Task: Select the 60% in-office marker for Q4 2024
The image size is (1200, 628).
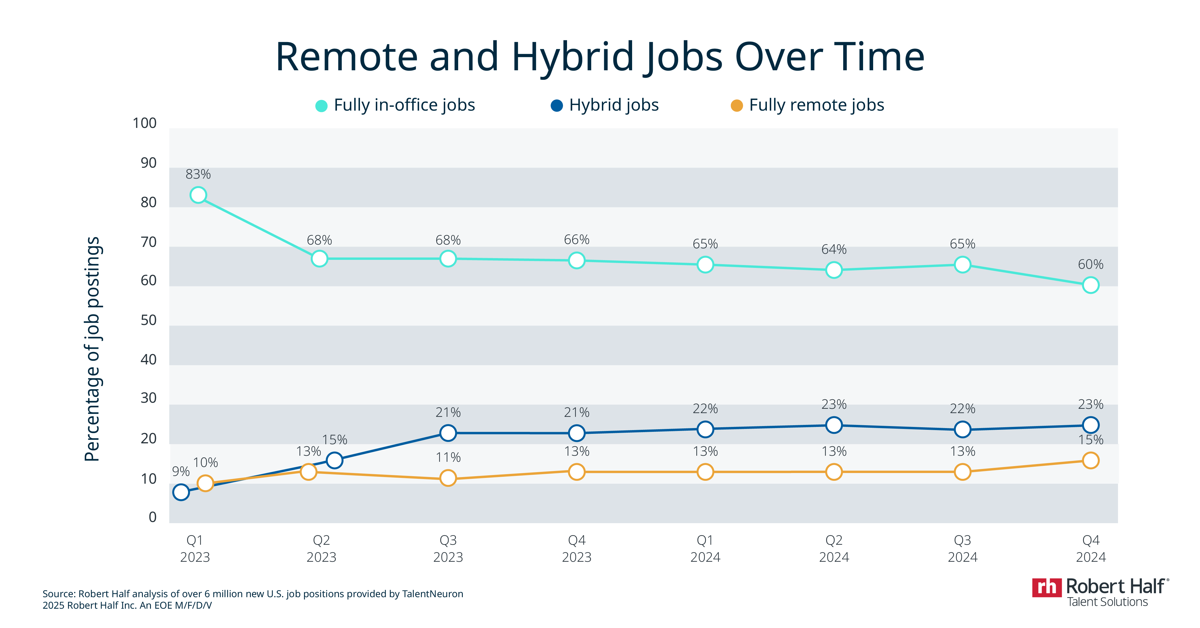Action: pos(1091,285)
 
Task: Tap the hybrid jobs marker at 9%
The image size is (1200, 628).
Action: pos(181,492)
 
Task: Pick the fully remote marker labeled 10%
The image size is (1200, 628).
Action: pos(205,483)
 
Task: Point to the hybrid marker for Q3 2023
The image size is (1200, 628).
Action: pos(448,433)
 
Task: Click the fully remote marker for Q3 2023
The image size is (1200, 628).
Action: pos(448,478)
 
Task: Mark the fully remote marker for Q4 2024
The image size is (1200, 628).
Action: pos(1091,460)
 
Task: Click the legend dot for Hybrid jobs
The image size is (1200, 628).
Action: pos(557,106)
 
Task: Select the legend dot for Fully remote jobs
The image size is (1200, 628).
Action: pos(736,106)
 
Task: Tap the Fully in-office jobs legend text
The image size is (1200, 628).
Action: pos(404,105)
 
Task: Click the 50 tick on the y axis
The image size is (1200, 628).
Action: pos(149,321)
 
